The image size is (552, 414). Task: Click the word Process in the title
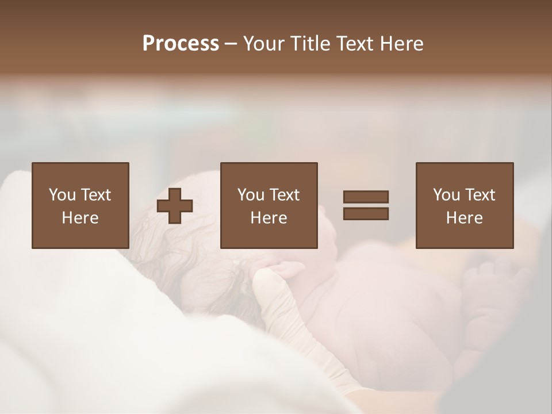coord(181,44)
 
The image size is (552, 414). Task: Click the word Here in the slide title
coord(404,44)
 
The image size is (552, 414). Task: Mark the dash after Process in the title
coord(231,45)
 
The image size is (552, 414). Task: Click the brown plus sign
coord(175,205)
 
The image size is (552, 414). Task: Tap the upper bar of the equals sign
coord(366,197)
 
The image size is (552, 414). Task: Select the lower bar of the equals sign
coord(366,213)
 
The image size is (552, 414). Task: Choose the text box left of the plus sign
coord(80,205)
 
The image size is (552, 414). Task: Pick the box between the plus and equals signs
coord(269,205)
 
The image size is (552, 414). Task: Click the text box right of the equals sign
coord(464,205)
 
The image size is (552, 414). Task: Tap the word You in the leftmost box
coord(62,195)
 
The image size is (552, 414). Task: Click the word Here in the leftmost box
coord(80,218)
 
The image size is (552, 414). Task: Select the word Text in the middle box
coord(285,195)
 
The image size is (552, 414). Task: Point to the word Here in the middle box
coord(269,218)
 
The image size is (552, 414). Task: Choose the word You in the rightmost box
coord(446,195)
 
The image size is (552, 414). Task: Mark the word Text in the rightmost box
coord(481,195)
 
